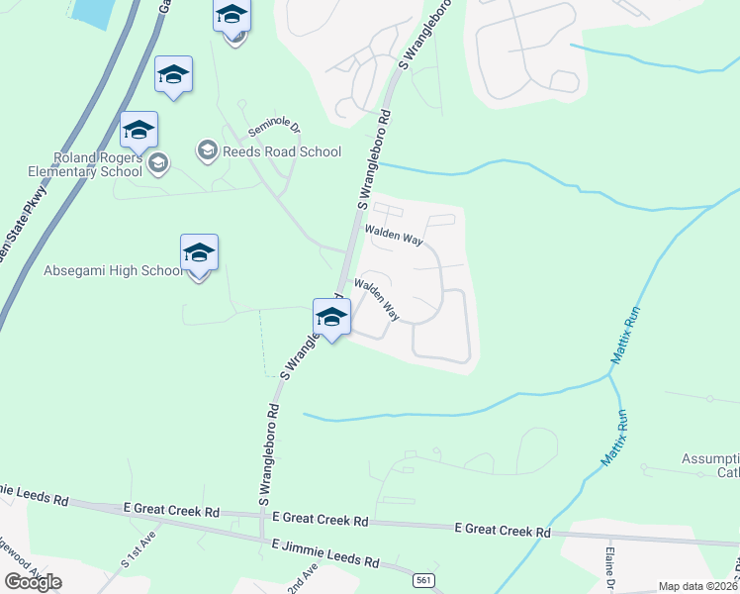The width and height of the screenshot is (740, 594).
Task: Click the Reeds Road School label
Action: click(x=281, y=151)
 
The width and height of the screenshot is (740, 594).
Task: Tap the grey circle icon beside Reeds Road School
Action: click(x=207, y=150)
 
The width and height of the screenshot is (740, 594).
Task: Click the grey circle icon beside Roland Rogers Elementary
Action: click(x=158, y=162)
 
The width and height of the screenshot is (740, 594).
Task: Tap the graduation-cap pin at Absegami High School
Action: click(x=199, y=254)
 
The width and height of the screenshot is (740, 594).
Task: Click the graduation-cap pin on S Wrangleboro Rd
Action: click(x=331, y=319)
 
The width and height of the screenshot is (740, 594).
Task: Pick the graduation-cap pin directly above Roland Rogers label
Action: click(x=139, y=132)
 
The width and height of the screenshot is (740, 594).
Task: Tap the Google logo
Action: click(x=33, y=582)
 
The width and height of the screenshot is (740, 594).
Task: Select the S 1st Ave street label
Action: click(x=139, y=550)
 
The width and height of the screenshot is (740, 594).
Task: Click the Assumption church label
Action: click(x=710, y=465)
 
